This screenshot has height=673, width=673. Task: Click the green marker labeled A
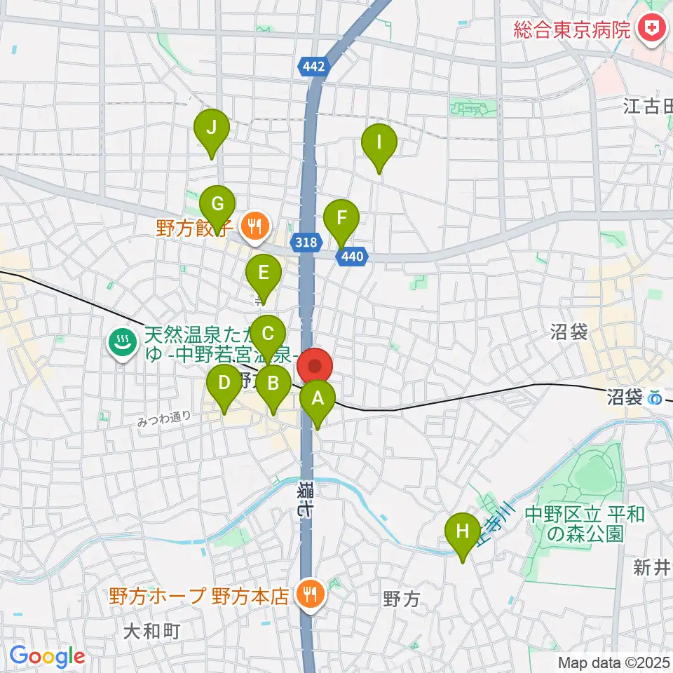click(318, 400)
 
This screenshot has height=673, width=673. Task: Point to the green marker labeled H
click(463, 531)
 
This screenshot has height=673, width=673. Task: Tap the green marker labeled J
click(212, 128)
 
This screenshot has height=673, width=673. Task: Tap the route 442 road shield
click(315, 67)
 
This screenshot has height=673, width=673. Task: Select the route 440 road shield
click(352, 257)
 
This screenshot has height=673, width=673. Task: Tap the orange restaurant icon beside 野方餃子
click(252, 226)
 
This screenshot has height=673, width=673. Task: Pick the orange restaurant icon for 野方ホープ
click(308, 594)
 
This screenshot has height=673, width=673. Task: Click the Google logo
click(48, 657)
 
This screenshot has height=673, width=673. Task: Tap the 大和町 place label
click(152, 631)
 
